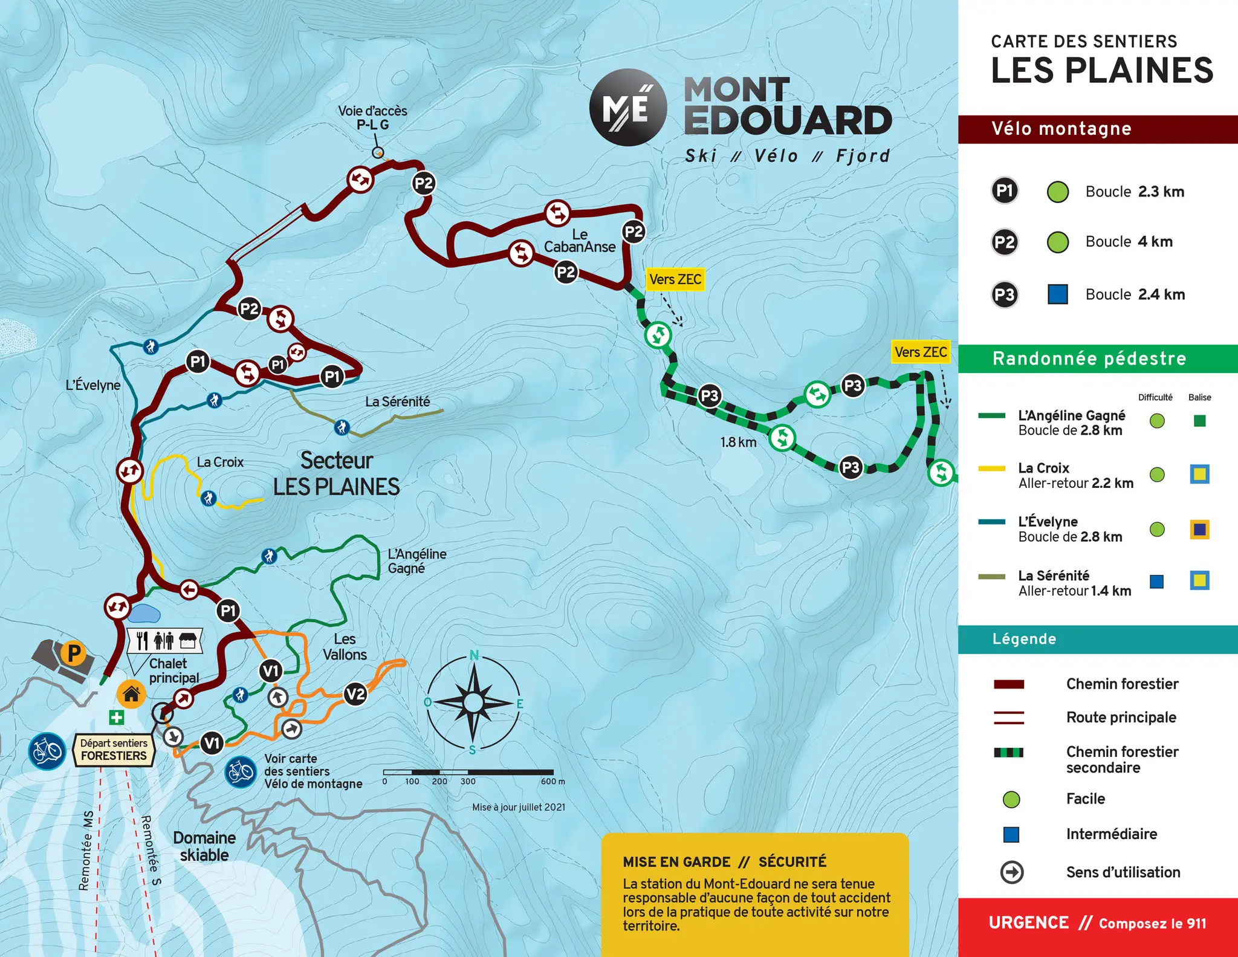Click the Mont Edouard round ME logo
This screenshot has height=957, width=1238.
point(628,108)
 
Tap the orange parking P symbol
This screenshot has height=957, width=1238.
point(74,653)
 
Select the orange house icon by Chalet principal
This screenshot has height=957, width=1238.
point(131,693)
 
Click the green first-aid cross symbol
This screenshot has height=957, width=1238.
point(116,718)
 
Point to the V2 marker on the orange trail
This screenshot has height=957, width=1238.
point(355,694)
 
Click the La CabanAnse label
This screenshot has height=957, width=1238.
point(579,241)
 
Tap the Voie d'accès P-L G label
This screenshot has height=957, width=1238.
point(372,118)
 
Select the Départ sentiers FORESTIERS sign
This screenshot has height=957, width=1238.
point(114,750)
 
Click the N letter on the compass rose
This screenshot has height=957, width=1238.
point(475,655)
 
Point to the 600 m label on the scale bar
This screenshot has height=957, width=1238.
point(553,781)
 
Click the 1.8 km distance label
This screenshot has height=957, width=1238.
point(738,442)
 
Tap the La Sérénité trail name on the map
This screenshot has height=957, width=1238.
point(397,401)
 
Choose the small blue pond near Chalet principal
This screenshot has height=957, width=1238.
point(144,613)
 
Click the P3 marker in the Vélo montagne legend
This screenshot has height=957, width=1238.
point(1004,294)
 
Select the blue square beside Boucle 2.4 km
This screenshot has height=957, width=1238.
point(1057,294)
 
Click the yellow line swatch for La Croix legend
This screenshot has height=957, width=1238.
point(991,469)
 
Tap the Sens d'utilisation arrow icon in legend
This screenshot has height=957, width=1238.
point(1012,872)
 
